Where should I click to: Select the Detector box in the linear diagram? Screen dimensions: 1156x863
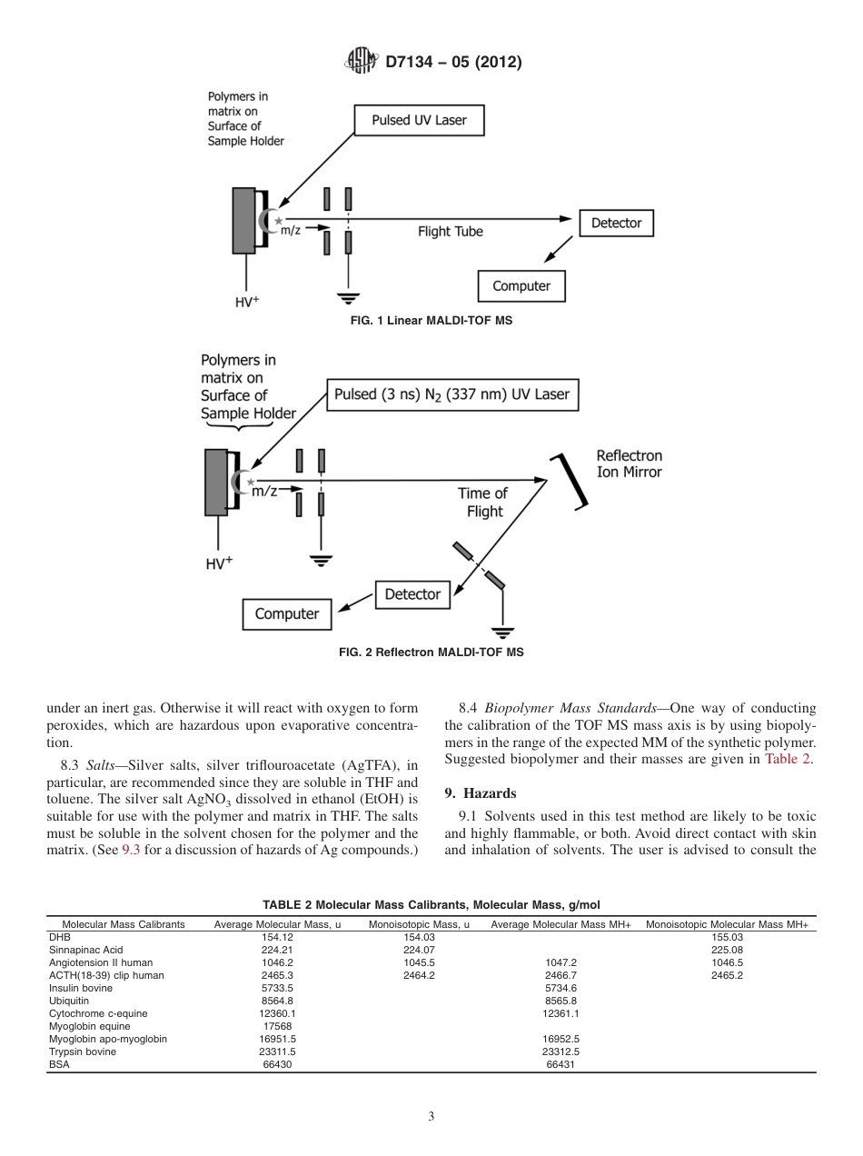(x=616, y=223)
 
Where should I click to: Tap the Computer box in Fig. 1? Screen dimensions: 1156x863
(x=521, y=286)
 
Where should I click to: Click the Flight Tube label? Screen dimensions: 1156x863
(x=450, y=232)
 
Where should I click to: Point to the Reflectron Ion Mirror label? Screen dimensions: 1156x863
(x=629, y=463)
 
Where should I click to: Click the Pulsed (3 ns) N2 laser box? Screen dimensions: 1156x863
(x=451, y=394)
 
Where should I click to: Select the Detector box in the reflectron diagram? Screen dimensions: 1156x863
(x=412, y=594)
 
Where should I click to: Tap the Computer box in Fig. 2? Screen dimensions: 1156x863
(x=286, y=614)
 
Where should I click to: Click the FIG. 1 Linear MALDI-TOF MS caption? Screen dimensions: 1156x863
(x=431, y=321)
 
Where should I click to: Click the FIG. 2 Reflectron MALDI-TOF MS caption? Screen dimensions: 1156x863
(x=431, y=652)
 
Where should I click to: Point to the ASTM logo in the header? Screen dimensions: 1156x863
(x=361, y=62)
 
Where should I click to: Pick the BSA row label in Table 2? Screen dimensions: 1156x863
(x=58, y=1064)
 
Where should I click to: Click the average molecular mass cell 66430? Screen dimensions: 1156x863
(x=277, y=1064)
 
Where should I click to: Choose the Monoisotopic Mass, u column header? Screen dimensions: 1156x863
(x=419, y=924)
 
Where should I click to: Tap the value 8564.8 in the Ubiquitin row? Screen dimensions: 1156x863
(x=277, y=1000)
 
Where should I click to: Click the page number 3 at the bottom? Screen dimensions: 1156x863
(x=431, y=1117)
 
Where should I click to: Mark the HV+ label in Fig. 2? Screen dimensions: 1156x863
(x=218, y=563)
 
